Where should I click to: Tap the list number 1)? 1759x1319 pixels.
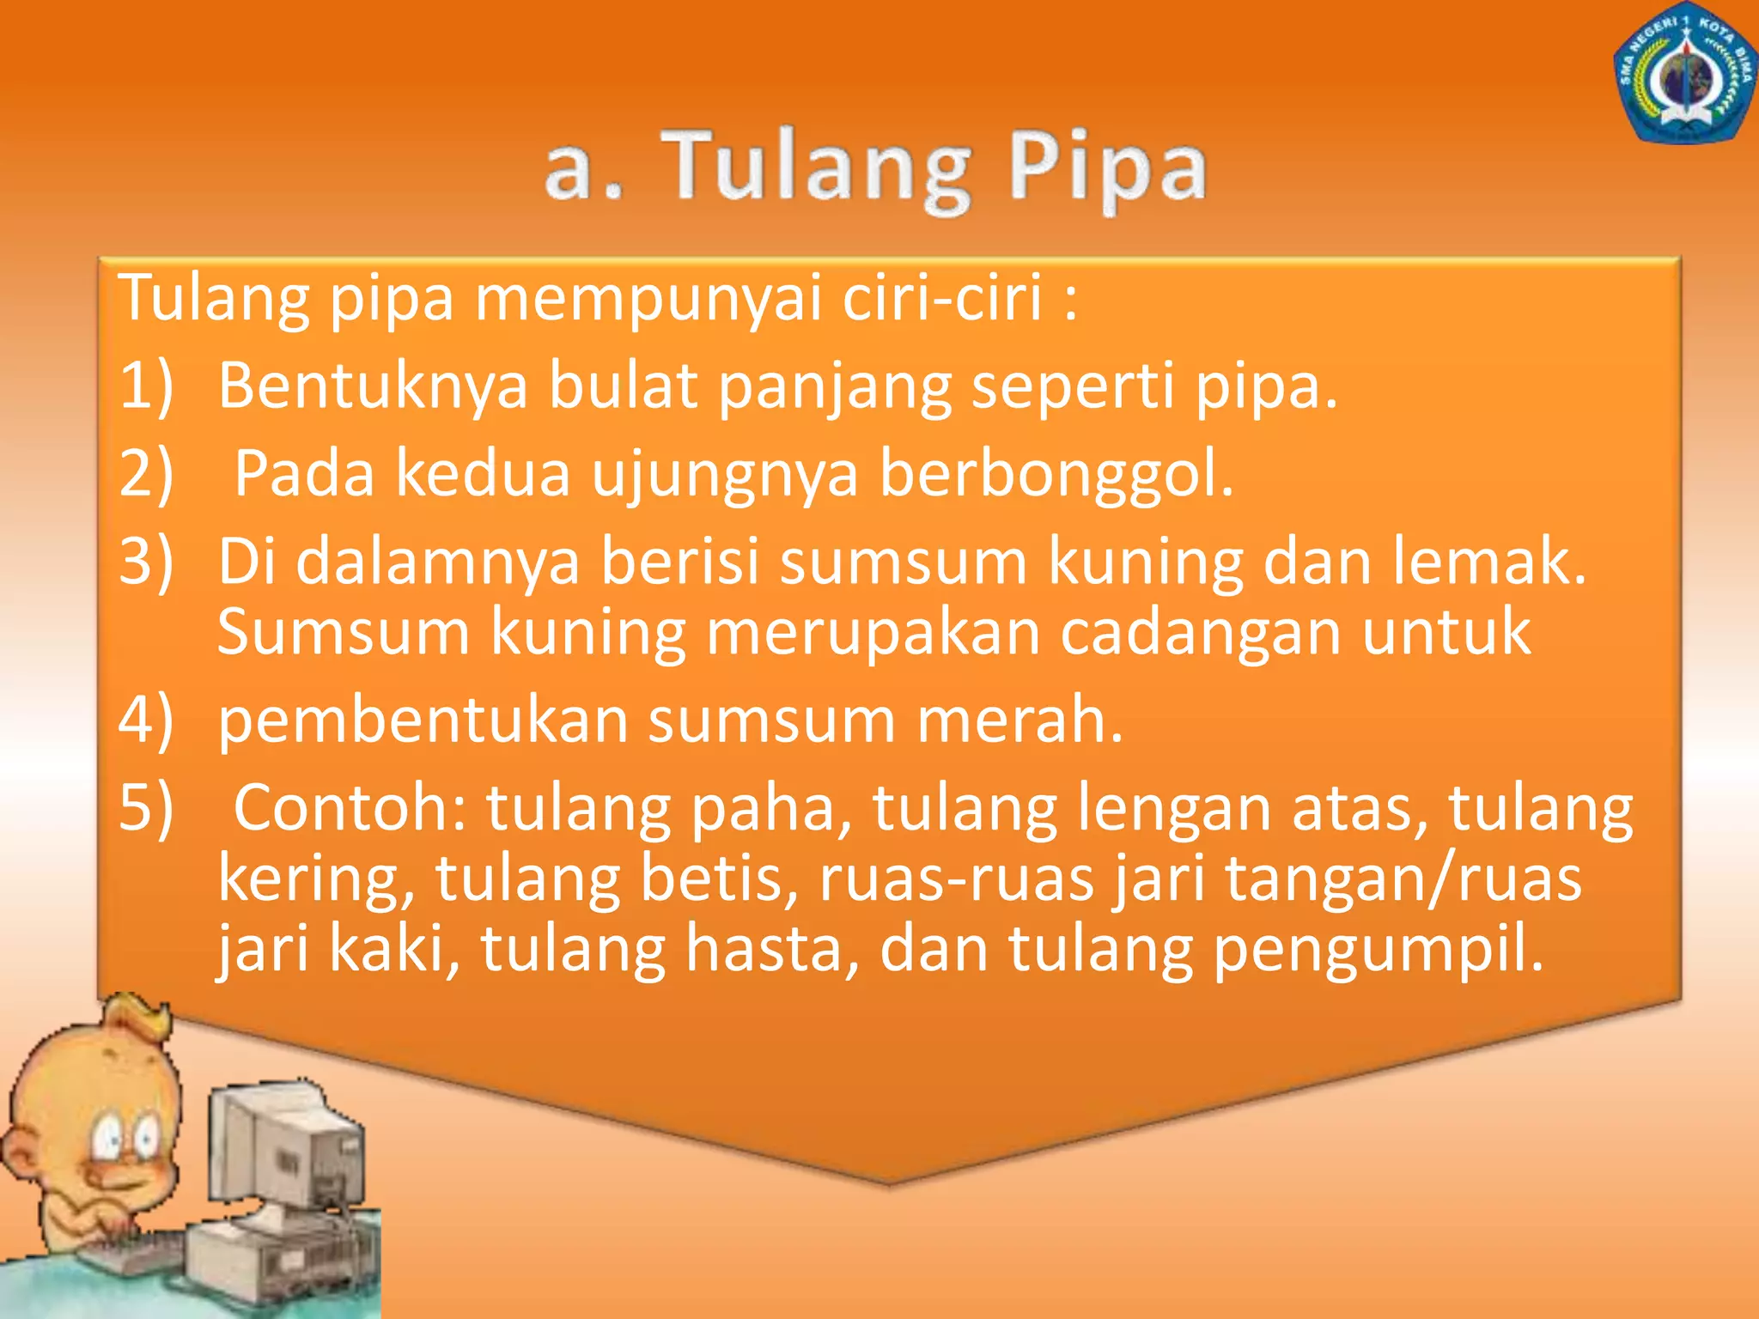[146, 386]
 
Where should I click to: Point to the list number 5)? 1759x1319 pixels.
[146, 808]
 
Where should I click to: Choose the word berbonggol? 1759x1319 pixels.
[1056, 473]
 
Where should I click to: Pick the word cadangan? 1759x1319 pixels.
[1201, 633]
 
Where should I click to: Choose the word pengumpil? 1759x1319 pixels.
[1378, 951]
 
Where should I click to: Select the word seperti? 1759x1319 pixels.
[1073, 386]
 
